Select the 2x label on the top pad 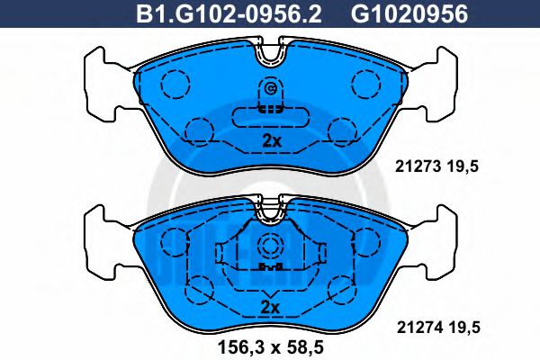(270, 140)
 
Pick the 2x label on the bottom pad (270, 307)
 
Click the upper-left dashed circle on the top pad (175, 85)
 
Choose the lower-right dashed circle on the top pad (342, 133)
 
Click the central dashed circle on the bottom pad (270, 248)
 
